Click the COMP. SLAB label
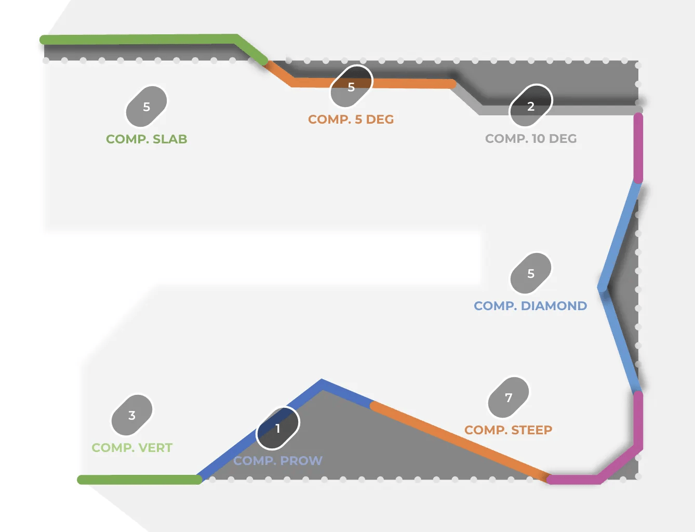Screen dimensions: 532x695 point(146,139)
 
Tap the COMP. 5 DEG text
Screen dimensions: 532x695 point(351,119)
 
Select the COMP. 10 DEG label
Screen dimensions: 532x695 point(531,139)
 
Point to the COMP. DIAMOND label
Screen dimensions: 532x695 point(530,306)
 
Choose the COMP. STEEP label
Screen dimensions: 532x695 point(508,430)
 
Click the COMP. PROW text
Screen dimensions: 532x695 point(278,461)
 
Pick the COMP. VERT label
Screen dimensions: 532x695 point(132,448)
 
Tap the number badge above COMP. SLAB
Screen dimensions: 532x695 point(146,107)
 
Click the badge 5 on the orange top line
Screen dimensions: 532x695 point(351,87)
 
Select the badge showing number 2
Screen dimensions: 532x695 point(531,106)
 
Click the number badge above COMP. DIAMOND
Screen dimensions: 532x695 point(531,273)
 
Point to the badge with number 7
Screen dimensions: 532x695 point(509,397)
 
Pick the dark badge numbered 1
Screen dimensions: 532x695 point(278,428)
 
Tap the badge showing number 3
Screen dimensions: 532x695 point(132,415)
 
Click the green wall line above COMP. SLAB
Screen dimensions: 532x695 point(140,39)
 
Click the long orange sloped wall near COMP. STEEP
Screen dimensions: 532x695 point(457,439)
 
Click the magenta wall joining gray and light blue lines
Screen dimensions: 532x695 point(638,148)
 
